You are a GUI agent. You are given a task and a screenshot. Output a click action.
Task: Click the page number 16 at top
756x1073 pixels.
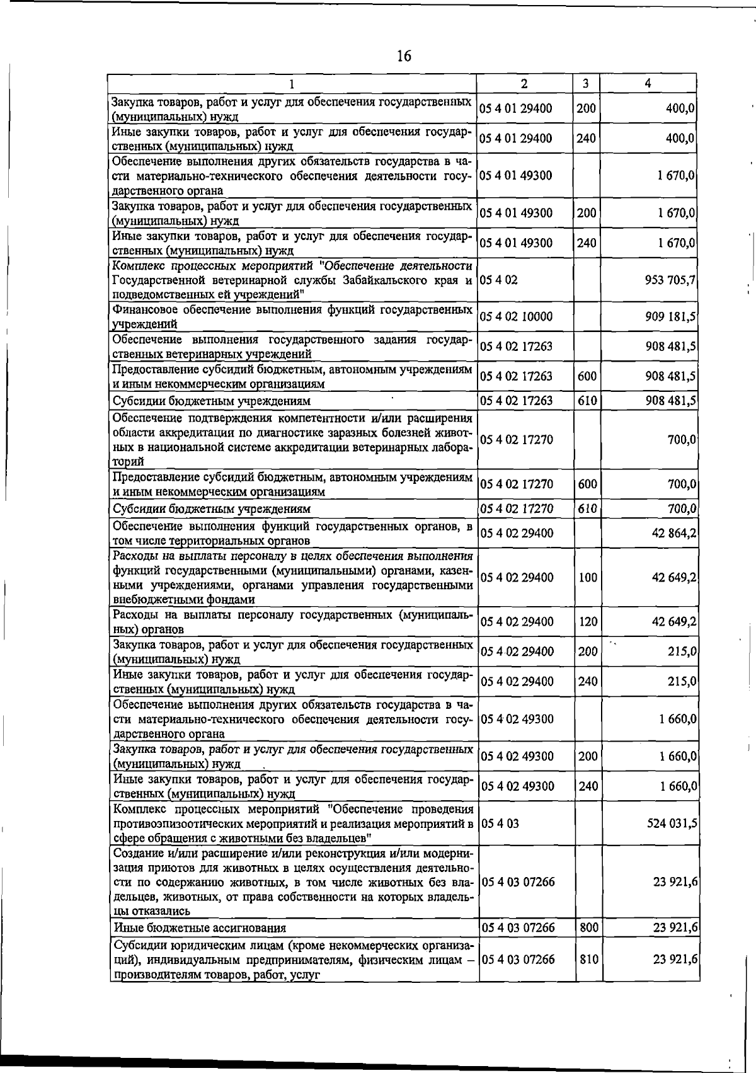(x=404, y=56)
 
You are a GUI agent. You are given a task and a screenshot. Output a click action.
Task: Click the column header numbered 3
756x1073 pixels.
(x=585, y=83)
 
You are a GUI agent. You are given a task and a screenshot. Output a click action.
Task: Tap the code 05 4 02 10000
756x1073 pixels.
(x=517, y=316)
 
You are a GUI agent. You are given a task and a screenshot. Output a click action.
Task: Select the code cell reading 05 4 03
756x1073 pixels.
(x=500, y=823)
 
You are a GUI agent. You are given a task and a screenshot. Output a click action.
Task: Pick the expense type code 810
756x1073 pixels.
(x=588, y=960)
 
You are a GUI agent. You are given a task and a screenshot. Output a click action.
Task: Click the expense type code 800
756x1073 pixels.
(x=588, y=927)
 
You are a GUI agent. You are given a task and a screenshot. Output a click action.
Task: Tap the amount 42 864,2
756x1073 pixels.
(x=673, y=533)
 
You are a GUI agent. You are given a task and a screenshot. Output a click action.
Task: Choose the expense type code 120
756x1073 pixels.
(x=588, y=622)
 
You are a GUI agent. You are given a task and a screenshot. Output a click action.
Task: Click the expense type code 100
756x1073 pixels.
(x=588, y=577)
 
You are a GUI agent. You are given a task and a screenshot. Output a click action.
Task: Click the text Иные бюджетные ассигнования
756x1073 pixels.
(x=200, y=928)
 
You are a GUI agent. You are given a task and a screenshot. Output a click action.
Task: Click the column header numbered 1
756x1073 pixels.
(x=292, y=83)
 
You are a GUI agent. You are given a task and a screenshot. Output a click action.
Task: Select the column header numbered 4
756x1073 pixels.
(x=648, y=83)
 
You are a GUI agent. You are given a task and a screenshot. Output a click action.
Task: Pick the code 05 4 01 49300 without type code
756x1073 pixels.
(x=517, y=175)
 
